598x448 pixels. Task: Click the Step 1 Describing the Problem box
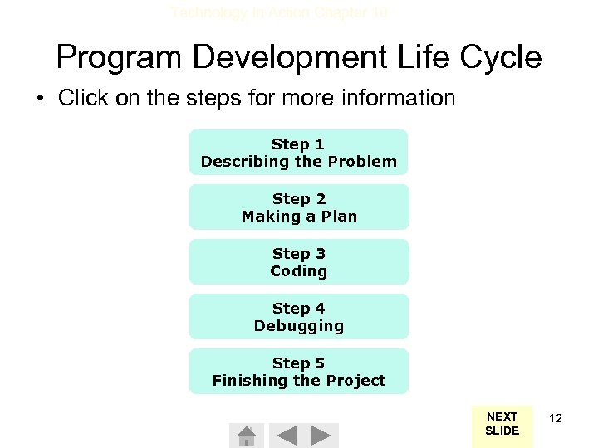(x=299, y=152)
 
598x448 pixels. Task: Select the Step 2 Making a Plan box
(x=299, y=207)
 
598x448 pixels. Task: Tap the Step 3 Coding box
(x=299, y=261)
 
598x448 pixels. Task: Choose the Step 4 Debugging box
(x=299, y=316)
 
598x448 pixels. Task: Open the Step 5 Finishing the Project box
(x=299, y=371)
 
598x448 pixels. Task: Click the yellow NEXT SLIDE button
(x=502, y=424)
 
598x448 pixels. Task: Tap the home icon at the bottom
(x=246, y=436)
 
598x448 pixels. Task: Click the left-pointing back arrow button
(x=285, y=436)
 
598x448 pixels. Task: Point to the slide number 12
(x=556, y=418)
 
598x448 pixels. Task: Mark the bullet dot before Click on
(x=39, y=99)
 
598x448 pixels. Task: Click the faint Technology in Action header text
(x=279, y=12)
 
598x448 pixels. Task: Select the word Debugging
(x=299, y=326)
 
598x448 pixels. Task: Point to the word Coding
(x=299, y=271)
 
